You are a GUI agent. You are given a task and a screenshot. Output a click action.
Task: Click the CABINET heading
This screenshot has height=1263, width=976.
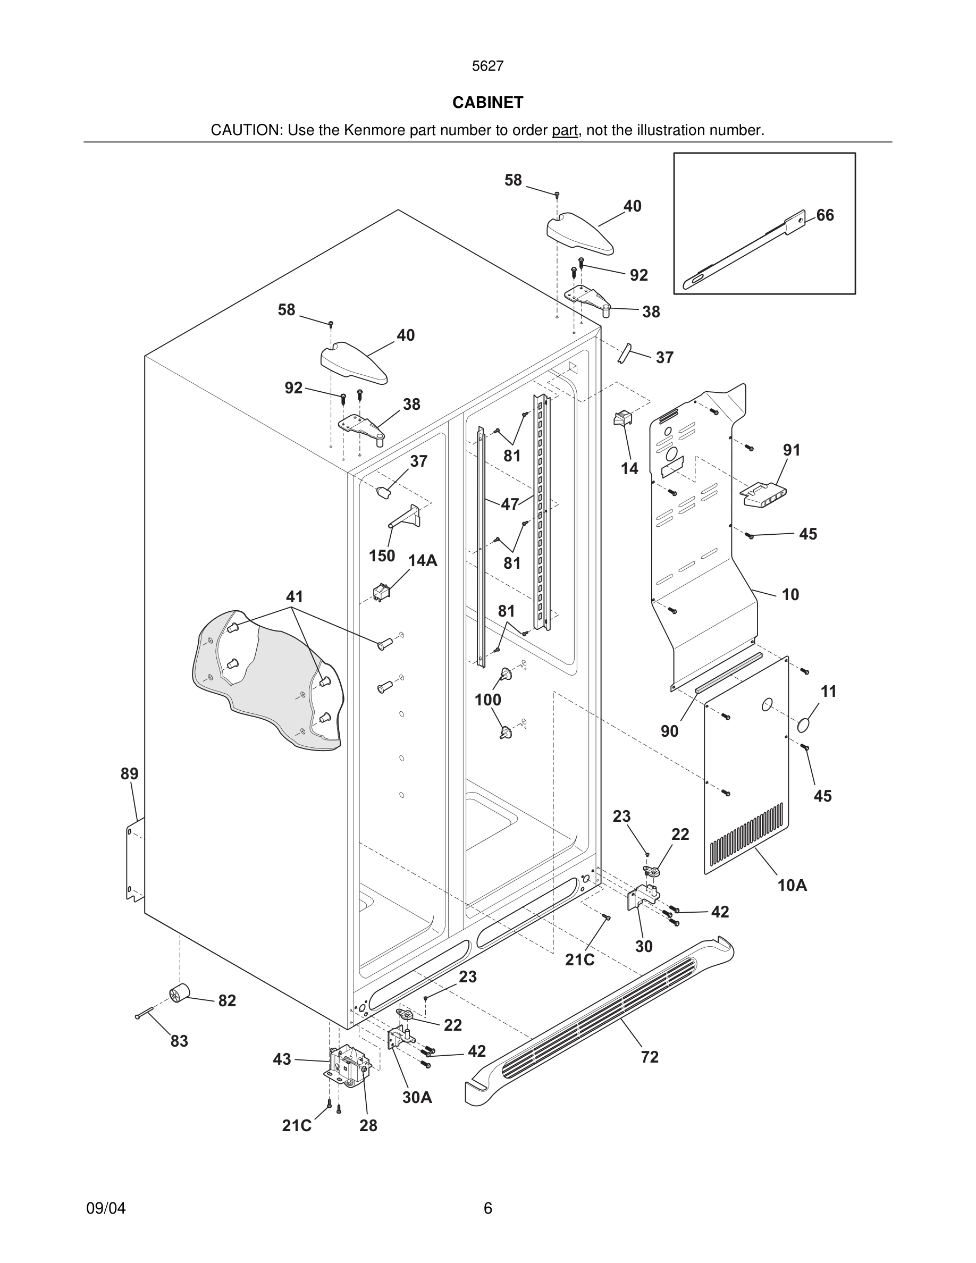tap(487, 103)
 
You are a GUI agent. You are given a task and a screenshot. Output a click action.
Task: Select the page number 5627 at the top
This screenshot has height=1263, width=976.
tap(487, 66)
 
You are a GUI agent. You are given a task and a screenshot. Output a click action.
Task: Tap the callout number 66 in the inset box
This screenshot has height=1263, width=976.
tap(824, 215)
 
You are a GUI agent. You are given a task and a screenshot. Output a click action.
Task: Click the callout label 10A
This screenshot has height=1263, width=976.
tap(792, 886)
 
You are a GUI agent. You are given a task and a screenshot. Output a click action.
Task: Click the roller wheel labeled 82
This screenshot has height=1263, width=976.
tap(179, 994)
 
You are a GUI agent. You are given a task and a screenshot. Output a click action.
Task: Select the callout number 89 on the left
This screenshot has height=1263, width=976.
tap(130, 774)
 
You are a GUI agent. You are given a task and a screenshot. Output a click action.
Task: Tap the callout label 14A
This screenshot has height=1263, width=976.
tap(422, 561)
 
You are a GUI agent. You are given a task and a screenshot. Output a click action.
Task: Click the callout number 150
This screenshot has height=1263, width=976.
tap(382, 555)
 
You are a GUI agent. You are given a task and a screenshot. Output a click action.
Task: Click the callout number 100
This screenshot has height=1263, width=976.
tap(487, 700)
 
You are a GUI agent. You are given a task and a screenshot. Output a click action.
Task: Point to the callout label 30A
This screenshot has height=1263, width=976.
tap(417, 1098)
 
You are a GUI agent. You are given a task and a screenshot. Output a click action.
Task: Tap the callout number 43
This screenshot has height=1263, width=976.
tap(282, 1059)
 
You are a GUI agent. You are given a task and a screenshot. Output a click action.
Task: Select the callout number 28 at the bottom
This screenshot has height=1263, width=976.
tap(368, 1126)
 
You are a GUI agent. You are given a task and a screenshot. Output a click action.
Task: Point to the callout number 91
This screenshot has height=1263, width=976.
tap(791, 450)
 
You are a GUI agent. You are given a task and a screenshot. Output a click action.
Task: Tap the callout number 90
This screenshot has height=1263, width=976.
tap(669, 731)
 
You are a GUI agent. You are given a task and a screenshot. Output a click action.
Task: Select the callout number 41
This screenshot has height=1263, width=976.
tap(295, 596)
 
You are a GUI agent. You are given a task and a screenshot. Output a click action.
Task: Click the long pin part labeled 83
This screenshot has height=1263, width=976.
tap(144, 1013)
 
